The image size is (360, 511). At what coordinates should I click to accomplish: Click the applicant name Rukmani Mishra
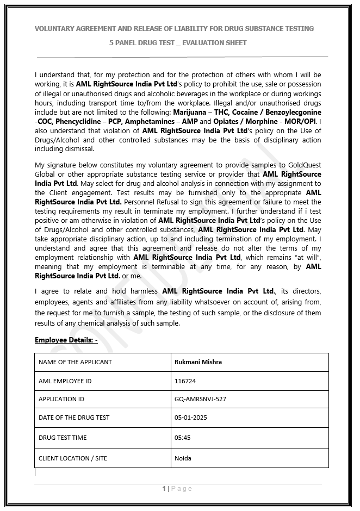point(198,362)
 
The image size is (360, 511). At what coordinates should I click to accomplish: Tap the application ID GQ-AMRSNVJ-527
point(200,399)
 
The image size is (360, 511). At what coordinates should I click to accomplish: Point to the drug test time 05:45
point(182,438)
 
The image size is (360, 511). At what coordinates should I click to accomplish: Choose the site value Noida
point(183,458)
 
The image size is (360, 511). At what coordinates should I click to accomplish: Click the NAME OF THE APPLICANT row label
point(75,362)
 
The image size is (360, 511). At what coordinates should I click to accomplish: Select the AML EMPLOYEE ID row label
point(65,381)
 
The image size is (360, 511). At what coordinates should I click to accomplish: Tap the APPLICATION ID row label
point(61,399)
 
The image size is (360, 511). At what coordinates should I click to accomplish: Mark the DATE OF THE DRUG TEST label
point(74,417)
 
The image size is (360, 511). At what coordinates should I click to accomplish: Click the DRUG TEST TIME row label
point(63,438)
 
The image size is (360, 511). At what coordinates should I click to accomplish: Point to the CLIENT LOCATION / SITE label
point(73,458)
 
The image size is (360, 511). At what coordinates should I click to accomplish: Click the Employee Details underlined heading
point(66,340)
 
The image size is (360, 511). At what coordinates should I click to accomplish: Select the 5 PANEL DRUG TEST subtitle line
point(177,42)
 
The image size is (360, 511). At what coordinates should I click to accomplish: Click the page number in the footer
point(164,489)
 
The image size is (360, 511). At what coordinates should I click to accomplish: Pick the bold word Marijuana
point(190,112)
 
